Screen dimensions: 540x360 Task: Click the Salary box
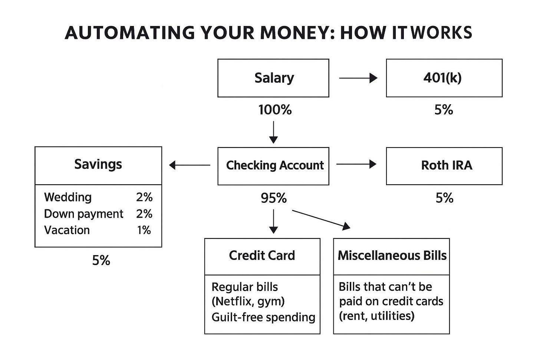click(x=273, y=78)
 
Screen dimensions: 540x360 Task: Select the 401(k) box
click(x=444, y=78)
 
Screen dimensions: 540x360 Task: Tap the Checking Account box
click(x=273, y=166)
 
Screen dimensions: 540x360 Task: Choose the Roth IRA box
click(x=444, y=166)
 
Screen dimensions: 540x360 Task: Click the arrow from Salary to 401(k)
click(x=358, y=78)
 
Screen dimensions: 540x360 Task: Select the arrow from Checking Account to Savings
click(x=190, y=165)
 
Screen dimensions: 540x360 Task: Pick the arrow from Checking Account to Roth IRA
click(x=356, y=164)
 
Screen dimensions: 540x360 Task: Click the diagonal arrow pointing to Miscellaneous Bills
click(x=321, y=219)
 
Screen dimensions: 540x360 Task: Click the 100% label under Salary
click(x=275, y=110)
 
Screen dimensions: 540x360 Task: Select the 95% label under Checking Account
click(x=274, y=198)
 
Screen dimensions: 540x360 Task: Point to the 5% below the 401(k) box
click(x=444, y=110)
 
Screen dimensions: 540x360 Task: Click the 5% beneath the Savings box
click(x=101, y=261)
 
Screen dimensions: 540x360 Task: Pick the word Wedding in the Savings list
click(x=68, y=197)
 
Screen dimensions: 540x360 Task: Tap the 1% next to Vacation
click(x=144, y=230)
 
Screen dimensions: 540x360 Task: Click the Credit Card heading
click(x=262, y=255)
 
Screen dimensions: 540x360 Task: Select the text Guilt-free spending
click(x=263, y=317)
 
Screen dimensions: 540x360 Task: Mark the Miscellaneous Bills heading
click(x=392, y=255)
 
